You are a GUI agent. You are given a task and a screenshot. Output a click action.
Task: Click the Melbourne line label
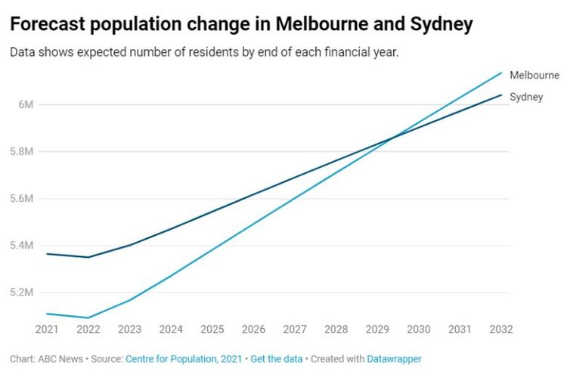[534, 76]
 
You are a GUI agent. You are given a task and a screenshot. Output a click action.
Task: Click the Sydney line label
[526, 97]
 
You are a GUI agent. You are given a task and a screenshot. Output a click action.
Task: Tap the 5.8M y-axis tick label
[22, 151]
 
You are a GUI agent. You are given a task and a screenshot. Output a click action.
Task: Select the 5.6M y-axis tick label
[22, 198]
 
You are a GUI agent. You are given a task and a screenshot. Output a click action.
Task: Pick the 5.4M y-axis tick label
[22, 245]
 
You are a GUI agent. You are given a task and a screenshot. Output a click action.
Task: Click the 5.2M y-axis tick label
[22, 292]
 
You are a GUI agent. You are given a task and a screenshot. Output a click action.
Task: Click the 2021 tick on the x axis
[47, 330]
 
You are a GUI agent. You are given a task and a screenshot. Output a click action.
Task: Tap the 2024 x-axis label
[171, 330]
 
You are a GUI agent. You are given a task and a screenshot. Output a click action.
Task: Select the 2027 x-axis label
[295, 330]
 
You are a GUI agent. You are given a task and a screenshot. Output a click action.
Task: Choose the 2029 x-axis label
[377, 330]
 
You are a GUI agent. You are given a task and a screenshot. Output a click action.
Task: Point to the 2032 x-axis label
[501, 330]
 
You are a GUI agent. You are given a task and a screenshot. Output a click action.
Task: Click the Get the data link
[277, 359]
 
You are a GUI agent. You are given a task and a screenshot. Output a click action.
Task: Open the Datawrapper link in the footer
[394, 359]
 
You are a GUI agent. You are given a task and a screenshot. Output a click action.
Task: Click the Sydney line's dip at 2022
[88, 257]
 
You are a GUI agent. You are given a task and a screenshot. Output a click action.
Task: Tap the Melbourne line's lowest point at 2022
[88, 318]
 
